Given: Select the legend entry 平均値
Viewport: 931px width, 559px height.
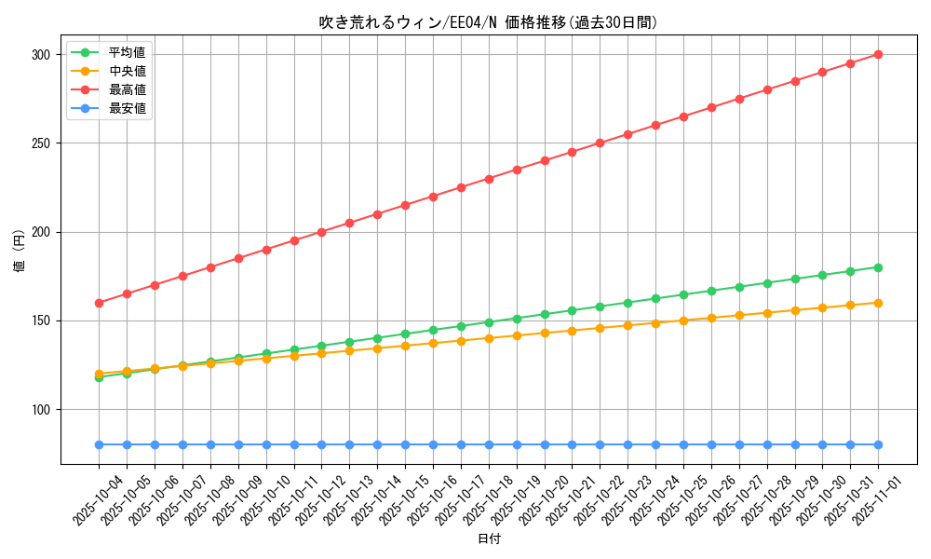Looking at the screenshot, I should click(x=127, y=52).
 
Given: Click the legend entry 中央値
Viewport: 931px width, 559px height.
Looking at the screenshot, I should click(x=127, y=71).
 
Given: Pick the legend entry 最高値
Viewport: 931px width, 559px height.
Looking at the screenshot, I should click(x=127, y=89).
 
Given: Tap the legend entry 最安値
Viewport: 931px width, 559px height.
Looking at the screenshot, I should click(x=127, y=108).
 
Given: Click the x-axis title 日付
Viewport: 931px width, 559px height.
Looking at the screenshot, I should click(x=488, y=539).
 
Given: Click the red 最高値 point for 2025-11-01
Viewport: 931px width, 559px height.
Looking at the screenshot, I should click(x=878, y=54).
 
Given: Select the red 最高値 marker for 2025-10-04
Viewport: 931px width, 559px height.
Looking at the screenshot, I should click(x=99, y=303).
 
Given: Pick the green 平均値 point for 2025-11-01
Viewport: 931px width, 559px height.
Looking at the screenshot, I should click(x=878, y=267).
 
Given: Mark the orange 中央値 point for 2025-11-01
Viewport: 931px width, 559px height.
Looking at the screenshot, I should click(x=878, y=303).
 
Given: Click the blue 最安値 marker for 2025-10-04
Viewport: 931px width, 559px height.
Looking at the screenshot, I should click(x=99, y=444).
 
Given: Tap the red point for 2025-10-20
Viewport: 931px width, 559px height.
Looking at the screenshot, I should click(x=545, y=160).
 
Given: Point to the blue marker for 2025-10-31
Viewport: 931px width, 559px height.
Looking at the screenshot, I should click(x=850, y=444).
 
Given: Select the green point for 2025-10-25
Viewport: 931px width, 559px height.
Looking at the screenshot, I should click(x=683, y=294).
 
